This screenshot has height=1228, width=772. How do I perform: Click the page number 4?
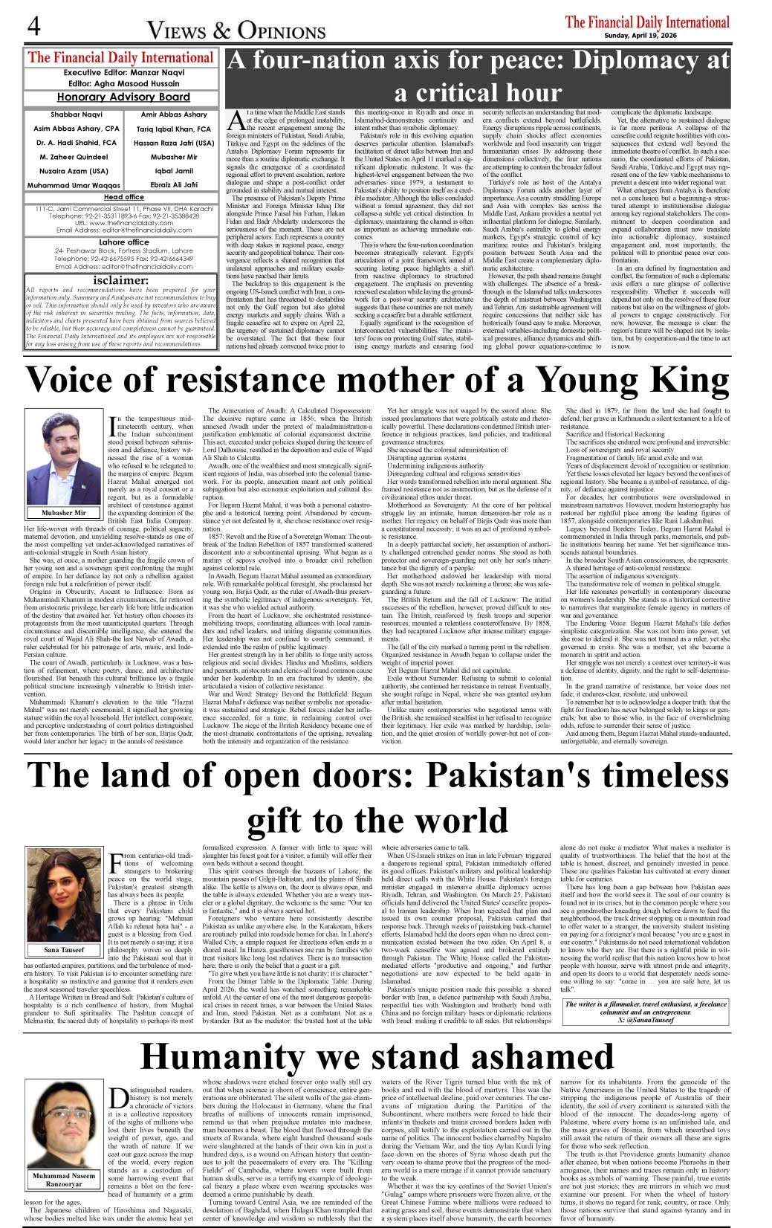34,27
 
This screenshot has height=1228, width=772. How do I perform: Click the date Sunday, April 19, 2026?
646,36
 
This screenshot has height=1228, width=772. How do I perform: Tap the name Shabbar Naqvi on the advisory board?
77,114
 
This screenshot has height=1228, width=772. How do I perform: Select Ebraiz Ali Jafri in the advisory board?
174,184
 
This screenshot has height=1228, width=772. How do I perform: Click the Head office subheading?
124,197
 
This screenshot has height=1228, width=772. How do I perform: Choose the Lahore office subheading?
123,242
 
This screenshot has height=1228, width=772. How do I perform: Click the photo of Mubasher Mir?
64,456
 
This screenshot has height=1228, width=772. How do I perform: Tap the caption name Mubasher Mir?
64,512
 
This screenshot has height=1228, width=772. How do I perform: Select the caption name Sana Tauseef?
64,949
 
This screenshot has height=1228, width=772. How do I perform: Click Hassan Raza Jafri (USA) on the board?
174,143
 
